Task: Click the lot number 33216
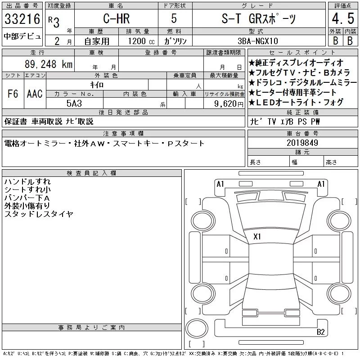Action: click(22, 19)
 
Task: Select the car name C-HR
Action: click(117, 18)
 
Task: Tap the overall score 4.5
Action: click(343, 18)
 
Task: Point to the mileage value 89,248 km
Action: click(49, 64)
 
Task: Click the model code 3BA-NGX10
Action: click(257, 41)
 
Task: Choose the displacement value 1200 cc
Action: click(141, 41)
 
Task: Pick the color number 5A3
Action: click(74, 103)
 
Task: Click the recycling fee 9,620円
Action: click(229, 104)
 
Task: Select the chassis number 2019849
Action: click(302, 143)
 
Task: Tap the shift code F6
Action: click(13, 94)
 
